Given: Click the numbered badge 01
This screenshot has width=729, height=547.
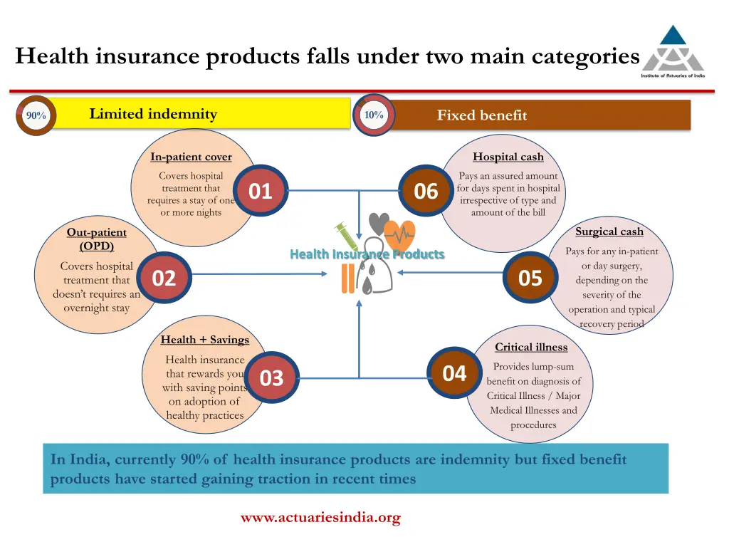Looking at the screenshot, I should [261, 192].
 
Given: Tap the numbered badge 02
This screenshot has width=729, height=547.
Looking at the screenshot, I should [164, 278].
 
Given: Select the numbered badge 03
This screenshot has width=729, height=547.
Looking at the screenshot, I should [271, 378].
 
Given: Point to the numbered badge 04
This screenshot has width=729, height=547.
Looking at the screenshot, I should [454, 373].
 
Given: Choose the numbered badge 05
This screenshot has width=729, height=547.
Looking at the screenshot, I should [530, 278].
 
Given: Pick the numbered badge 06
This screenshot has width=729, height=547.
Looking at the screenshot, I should [426, 192].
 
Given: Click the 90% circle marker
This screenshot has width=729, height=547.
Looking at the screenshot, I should [36, 115].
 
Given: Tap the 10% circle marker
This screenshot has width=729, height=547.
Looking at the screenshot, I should [374, 115].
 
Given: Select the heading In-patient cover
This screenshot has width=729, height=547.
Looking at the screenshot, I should [191, 157].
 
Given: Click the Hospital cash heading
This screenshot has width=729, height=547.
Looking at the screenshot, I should [508, 157].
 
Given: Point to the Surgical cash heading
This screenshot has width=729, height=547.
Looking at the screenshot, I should [609, 231].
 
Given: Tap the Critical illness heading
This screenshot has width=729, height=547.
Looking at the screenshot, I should [531, 348].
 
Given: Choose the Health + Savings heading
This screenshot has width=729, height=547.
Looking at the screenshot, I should [205, 340].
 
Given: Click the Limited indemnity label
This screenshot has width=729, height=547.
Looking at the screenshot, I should [153, 114].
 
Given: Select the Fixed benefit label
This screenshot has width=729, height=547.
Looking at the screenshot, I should [482, 115].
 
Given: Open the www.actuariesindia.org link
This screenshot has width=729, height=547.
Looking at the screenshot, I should [320, 518].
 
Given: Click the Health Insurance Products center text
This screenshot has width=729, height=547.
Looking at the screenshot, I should [367, 254].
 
